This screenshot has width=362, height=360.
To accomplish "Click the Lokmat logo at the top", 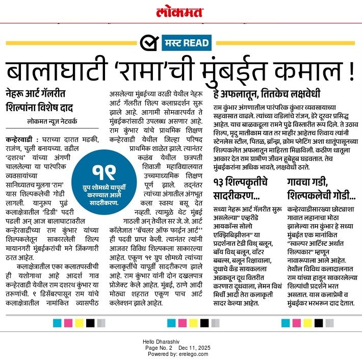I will (x=180, y=12).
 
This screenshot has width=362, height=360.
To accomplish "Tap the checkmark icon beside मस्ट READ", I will (x=148, y=42).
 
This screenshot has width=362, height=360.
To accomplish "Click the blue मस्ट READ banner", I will (x=188, y=42).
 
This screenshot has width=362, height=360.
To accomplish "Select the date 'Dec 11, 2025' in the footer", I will (x=194, y=347).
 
